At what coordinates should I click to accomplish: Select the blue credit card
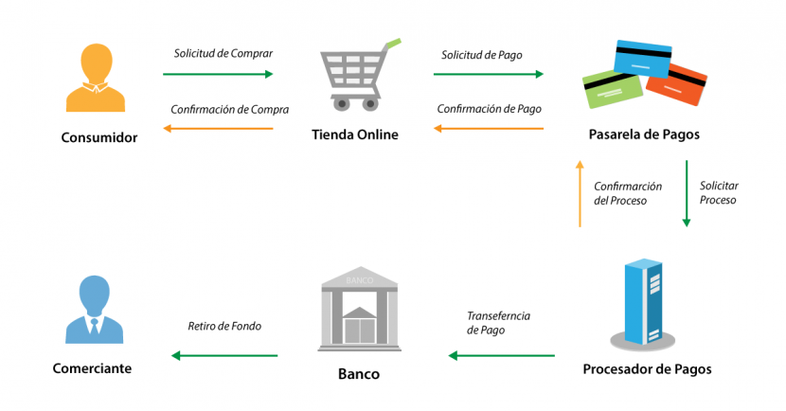point(645,60)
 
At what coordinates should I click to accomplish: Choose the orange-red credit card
point(676,85)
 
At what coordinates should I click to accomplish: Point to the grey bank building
point(359,307)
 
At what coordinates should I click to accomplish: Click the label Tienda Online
point(355,134)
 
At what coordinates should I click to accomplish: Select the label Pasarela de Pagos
point(643,134)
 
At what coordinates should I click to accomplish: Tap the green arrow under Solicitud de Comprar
point(218,73)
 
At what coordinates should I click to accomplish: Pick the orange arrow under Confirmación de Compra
point(218,128)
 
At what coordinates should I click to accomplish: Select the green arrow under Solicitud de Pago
point(489,73)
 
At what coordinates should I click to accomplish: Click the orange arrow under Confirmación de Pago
point(489,128)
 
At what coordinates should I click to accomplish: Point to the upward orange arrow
point(580,193)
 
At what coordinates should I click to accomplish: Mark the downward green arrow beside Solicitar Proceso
point(687,193)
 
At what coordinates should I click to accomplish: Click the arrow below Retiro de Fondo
point(224,356)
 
